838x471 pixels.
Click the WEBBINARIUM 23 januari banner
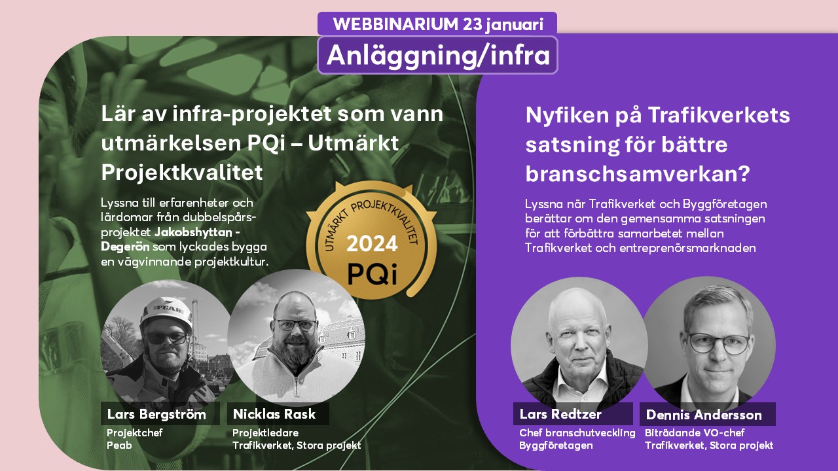(437, 24)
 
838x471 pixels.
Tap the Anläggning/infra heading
(438, 56)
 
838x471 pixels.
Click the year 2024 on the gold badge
(372, 244)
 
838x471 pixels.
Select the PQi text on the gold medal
(373, 273)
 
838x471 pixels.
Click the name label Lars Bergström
(156, 414)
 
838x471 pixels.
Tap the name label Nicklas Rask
(274, 414)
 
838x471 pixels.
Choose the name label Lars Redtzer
(560, 414)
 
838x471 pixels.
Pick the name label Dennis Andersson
(704, 415)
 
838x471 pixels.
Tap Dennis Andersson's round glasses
(718, 344)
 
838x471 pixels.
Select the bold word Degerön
(125, 247)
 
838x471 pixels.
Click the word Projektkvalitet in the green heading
(182, 172)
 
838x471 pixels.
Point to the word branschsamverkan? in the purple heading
(638, 173)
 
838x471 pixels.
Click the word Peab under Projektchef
(119, 445)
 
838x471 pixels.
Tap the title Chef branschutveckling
(577, 433)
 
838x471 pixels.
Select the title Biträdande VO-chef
(695, 433)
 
